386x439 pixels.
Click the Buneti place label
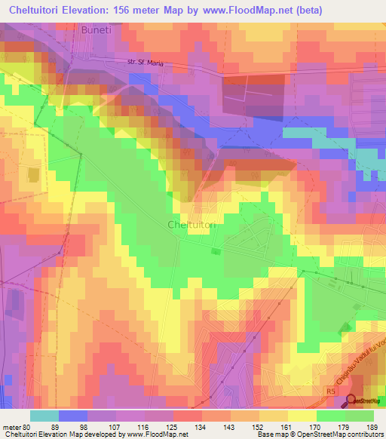click(x=96, y=33)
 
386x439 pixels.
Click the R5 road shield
click(x=329, y=392)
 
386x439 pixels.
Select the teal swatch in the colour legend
click(x=44, y=416)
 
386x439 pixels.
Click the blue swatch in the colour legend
click(x=72, y=416)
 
